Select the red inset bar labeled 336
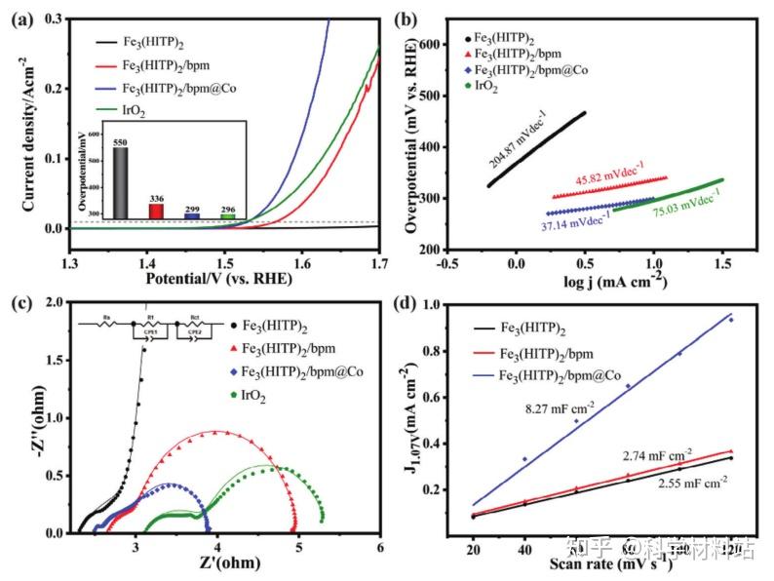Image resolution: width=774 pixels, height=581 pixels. (156, 211)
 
